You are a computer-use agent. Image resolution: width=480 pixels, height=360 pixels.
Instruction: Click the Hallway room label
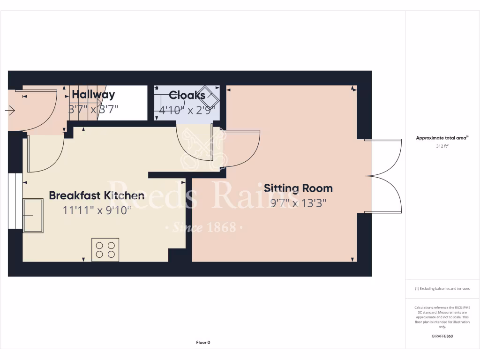93,95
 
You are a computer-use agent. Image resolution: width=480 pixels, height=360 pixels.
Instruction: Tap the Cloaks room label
187,95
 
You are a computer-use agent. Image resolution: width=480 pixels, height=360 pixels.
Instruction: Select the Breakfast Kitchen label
97,195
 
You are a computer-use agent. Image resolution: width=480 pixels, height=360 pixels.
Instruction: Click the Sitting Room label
298,188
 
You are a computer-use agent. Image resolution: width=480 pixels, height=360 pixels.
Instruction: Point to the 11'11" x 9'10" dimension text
97,210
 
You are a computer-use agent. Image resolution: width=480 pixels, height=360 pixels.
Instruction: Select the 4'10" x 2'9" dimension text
187,110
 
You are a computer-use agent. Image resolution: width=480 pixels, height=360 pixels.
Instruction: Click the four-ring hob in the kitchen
105,249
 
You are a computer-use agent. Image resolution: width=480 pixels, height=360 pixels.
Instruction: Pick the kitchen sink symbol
33,216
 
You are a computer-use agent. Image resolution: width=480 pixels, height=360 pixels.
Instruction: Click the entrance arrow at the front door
10,111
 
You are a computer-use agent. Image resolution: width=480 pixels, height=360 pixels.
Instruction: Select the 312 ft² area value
442,146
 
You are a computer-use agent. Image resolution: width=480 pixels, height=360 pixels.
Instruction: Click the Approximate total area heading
442,138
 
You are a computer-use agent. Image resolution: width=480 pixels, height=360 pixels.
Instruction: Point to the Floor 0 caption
203,343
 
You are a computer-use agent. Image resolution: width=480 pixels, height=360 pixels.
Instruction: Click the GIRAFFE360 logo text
442,336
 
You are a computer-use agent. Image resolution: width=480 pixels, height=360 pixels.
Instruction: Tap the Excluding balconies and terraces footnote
442,289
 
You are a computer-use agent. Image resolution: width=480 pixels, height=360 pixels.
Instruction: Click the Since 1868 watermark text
203,228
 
